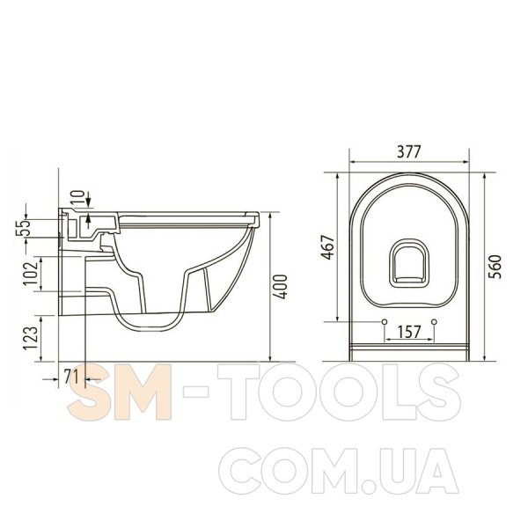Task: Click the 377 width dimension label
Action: (409, 152)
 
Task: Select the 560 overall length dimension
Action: (495, 267)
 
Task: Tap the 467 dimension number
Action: (328, 247)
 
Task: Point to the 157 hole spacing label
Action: (409, 332)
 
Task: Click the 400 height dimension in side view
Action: (280, 287)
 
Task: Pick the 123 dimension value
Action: (30, 338)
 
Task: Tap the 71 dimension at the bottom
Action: (71, 376)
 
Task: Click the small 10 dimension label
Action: (78, 198)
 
